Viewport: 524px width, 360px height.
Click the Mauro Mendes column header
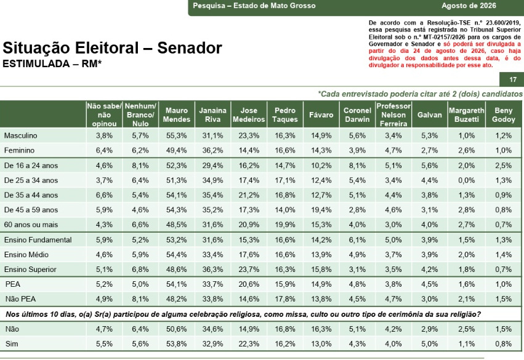coord(177,115)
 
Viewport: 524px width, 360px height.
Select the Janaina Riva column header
coord(212,115)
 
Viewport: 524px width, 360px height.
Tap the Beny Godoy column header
coord(503,115)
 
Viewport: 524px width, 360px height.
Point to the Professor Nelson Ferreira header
coord(393,115)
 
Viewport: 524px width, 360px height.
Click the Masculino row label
coord(21,135)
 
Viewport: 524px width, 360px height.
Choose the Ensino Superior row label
coord(30,269)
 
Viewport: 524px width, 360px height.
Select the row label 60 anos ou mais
coord(31,225)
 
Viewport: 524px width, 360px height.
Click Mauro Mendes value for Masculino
coord(177,135)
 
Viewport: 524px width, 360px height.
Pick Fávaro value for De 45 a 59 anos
coord(321,210)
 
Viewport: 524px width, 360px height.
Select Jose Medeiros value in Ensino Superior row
coord(249,270)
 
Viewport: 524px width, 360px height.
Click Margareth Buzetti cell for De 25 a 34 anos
coord(466,180)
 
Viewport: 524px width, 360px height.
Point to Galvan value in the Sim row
coord(429,344)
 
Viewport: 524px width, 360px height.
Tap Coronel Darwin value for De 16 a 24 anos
coord(357,166)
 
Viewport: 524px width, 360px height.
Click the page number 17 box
coord(512,79)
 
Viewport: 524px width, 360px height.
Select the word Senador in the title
coord(190,48)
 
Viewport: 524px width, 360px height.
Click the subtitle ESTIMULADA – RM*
coord(52,63)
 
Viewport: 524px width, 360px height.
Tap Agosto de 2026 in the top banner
coord(469,6)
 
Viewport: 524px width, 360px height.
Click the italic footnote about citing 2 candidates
coord(420,94)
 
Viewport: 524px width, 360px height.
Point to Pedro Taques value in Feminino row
coord(284,151)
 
